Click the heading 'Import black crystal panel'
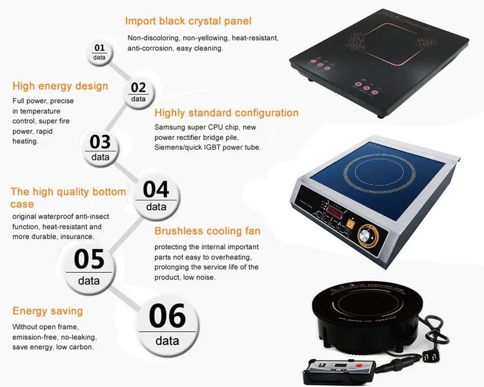188,21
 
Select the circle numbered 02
138,92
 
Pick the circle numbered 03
100,146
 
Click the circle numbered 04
156,195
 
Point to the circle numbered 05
89,265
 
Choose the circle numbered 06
167,322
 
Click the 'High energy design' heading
60,86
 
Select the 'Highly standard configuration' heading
227,113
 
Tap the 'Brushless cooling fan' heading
207,231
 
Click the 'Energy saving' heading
48,311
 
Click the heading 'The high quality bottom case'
68,197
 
